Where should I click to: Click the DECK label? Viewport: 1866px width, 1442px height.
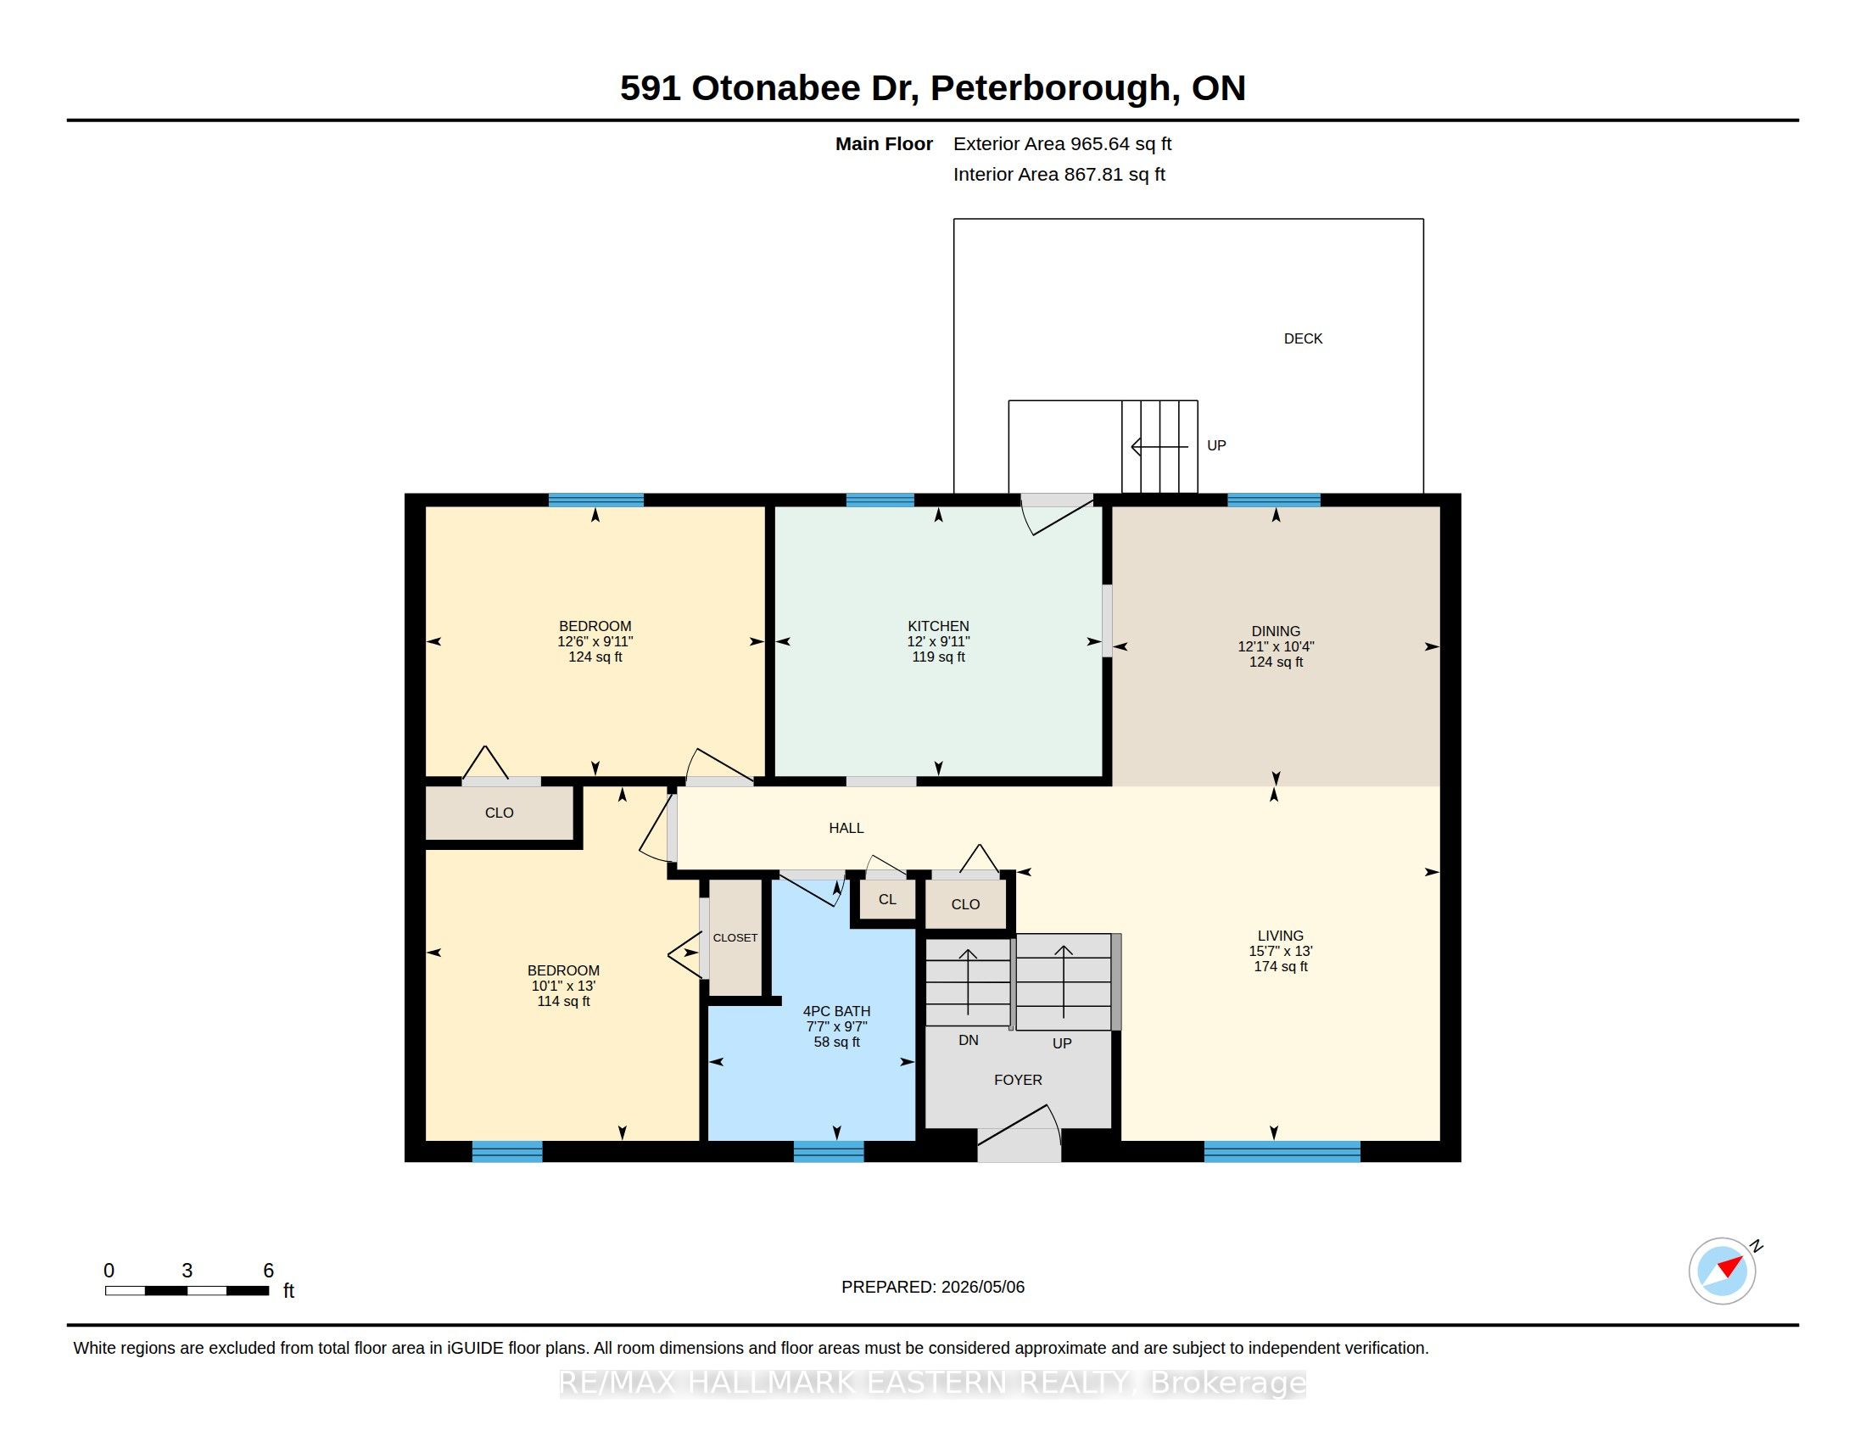[x=1303, y=338]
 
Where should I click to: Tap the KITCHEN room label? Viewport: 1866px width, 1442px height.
[x=938, y=626]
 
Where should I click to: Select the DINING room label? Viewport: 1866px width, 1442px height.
[x=1276, y=631]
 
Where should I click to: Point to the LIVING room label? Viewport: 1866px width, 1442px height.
[x=1280, y=936]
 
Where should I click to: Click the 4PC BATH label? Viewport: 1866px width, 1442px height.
[x=836, y=1011]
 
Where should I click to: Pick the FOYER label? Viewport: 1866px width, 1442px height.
[x=1018, y=1080]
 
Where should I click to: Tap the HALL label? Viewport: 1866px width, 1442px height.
[x=846, y=828]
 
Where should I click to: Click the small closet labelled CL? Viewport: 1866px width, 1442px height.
[x=888, y=899]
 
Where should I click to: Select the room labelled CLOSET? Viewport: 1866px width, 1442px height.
[x=735, y=937]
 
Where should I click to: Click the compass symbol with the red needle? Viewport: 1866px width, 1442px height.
[x=1723, y=1271]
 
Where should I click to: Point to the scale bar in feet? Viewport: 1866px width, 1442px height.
[x=187, y=1291]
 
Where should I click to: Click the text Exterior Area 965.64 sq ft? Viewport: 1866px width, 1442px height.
[x=1062, y=143]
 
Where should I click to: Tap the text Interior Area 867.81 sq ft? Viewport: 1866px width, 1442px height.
[x=1059, y=174]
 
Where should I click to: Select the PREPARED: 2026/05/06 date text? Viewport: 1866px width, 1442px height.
[x=933, y=1287]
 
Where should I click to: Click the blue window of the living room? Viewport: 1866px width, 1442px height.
[x=1282, y=1152]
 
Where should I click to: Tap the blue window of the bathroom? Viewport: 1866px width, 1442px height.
[x=828, y=1152]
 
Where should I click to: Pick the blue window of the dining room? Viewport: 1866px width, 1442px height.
[x=1273, y=500]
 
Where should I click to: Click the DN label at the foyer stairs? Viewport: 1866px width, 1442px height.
[x=968, y=1040]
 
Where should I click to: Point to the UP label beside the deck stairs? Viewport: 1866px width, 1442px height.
[x=1215, y=445]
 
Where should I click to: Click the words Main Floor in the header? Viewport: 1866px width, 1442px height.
[x=884, y=143]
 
